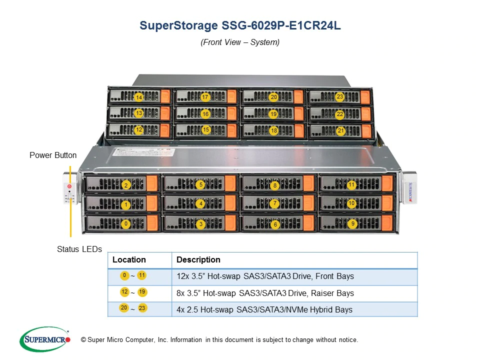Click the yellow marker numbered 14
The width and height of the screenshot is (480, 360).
[139, 97]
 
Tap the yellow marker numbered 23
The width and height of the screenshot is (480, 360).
[340, 97]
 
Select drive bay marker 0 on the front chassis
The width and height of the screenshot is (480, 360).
[126, 224]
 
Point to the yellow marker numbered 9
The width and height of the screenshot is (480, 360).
[353, 223]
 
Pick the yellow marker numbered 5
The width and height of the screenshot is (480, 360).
[201, 184]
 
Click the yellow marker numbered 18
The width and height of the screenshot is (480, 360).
[273, 130]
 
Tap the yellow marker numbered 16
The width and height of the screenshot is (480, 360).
[205, 114]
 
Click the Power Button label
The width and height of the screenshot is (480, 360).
[53, 155]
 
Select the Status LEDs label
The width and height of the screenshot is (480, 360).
[79, 249]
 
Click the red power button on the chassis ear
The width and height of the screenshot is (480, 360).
[69, 186]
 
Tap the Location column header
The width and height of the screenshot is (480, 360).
[129, 260]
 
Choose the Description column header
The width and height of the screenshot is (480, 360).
[198, 260]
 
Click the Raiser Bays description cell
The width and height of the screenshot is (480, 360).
[265, 293]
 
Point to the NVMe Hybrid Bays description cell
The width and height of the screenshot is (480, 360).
[264, 309]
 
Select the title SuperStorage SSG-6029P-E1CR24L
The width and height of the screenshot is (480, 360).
[240, 26]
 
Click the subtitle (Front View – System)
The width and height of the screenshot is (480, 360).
[240, 42]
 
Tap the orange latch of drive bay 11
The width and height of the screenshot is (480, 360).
[387, 183]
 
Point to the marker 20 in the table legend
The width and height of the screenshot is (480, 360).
[123, 307]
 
